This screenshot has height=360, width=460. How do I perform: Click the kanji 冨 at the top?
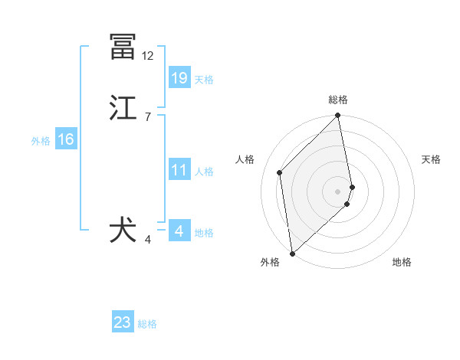pyautogui.click(x=123, y=47)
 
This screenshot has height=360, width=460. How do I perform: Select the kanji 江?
pyautogui.click(x=123, y=109)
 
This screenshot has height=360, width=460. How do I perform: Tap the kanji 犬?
pyautogui.click(x=123, y=231)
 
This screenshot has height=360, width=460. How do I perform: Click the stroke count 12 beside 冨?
pyautogui.click(x=147, y=56)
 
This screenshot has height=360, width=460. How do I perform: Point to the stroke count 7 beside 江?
pyautogui.click(x=147, y=117)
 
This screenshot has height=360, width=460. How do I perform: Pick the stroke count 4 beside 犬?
pyautogui.click(x=147, y=240)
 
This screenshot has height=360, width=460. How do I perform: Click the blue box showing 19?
pyautogui.click(x=179, y=77)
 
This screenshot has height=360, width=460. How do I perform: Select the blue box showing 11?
pyautogui.click(x=179, y=169)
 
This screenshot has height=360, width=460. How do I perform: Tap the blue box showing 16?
pyautogui.click(x=66, y=139)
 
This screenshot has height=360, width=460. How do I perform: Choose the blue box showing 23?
pyautogui.click(x=123, y=322)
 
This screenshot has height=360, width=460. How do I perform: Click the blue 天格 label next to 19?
pyautogui.click(x=204, y=79)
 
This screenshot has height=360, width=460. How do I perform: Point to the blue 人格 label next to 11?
pyautogui.click(x=204, y=171)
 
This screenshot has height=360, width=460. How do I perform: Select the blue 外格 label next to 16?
pyautogui.click(x=41, y=140)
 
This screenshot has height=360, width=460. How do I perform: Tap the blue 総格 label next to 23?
pyautogui.click(x=148, y=323)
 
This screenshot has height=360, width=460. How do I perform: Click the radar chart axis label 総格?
pyautogui.click(x=338, y=100)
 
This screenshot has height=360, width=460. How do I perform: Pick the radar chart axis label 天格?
pyautogui.click(x=432, y=159)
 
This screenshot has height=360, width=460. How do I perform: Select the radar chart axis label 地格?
pyautogui.click(x=402, y=262)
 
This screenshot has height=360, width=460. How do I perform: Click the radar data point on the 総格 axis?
pyautogui.click(x=338, y=116)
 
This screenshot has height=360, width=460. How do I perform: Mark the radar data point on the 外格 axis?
pyautogui.click(x=292, y=253)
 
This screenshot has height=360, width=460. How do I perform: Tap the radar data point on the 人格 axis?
pyautogui.click(x=280, y=172)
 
